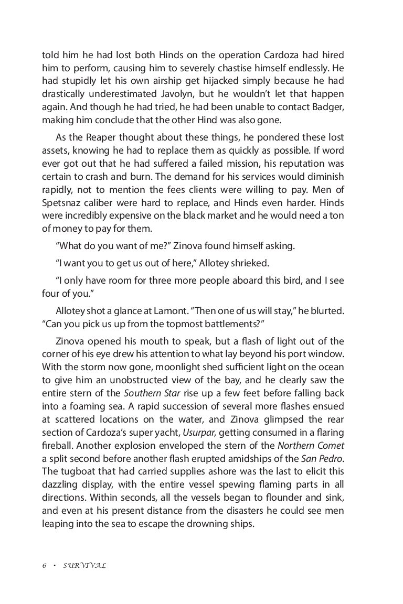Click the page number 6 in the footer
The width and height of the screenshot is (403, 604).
(x=44, y=566)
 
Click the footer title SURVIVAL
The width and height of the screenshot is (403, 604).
(x=84, y=566)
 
